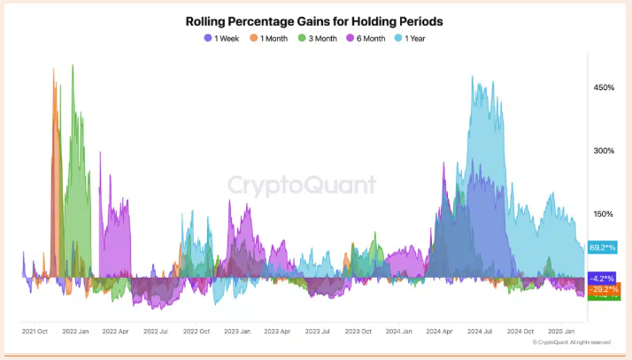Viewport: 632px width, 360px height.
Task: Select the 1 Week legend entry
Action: point(221,38)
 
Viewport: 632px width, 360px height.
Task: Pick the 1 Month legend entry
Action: point(269,38)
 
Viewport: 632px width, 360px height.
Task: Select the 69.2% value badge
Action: point(601,249)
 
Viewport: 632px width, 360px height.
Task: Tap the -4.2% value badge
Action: point(602,278)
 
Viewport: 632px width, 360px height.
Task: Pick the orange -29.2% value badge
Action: point(604,288)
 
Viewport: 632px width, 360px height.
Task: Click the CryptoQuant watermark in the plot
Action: point(302,185)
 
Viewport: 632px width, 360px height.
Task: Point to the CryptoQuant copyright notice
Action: point(571,342)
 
